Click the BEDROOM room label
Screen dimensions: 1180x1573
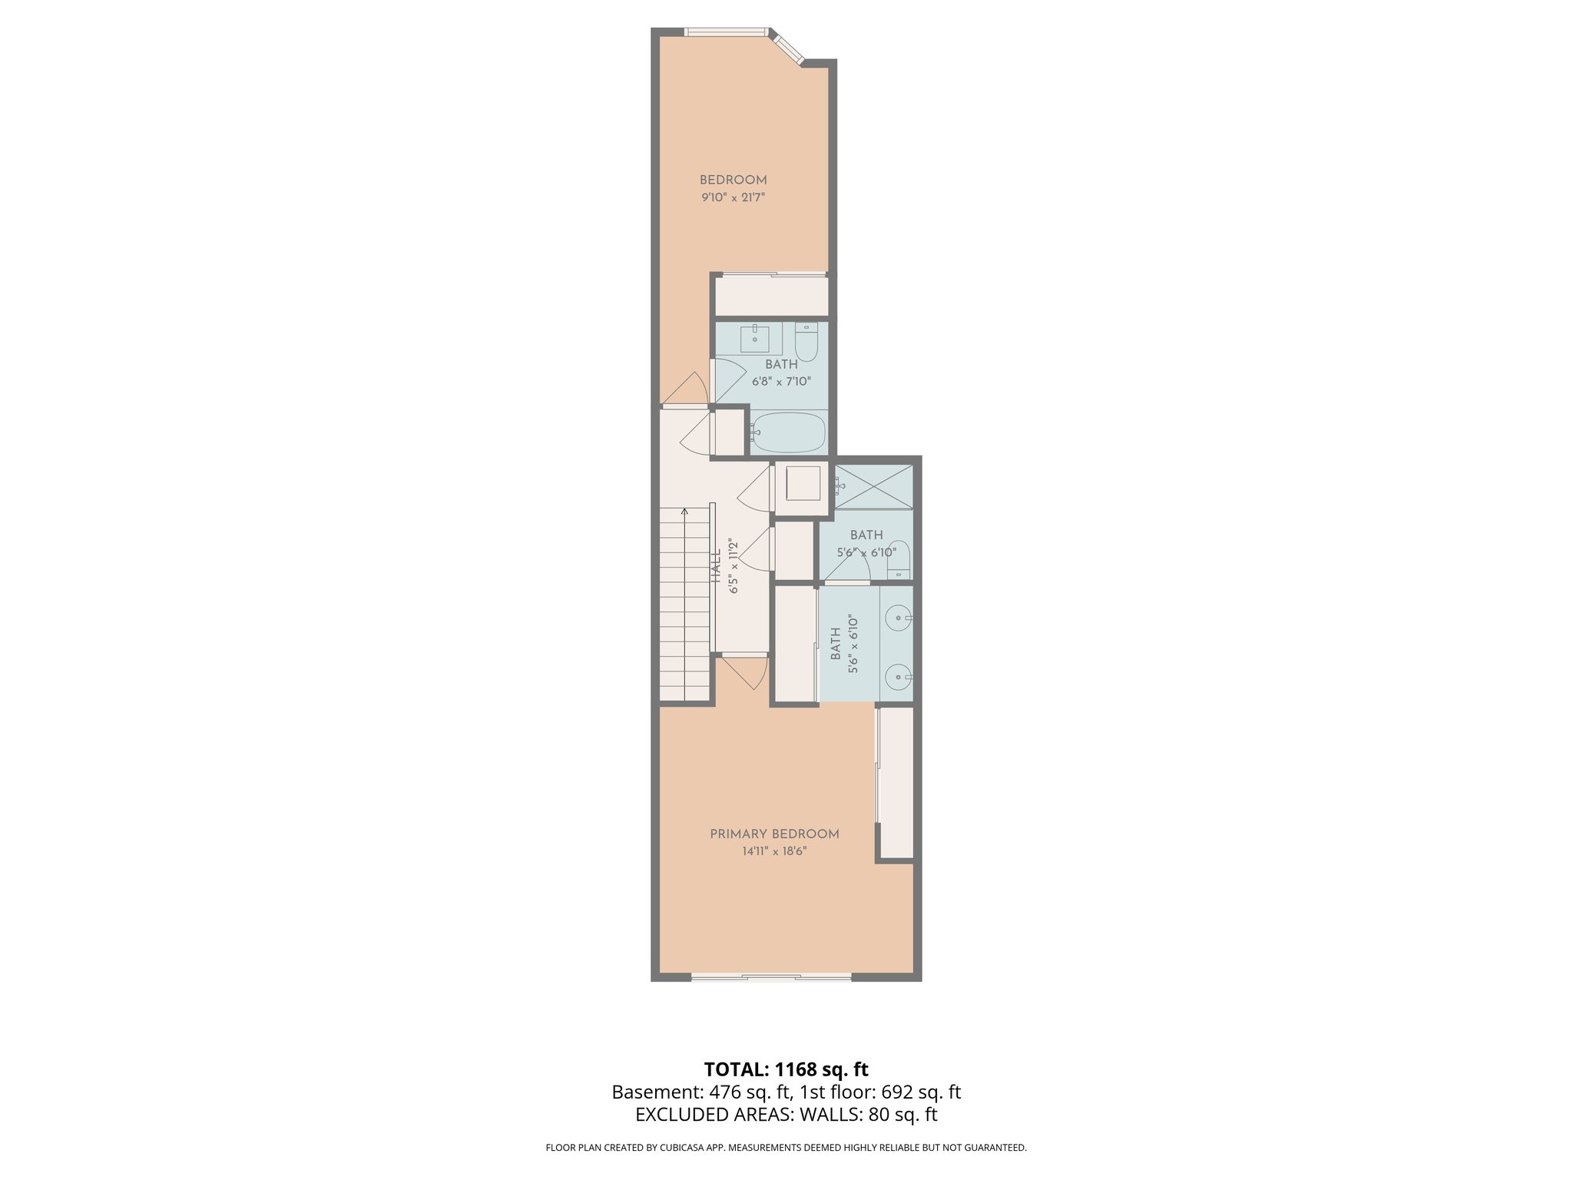[733, 180]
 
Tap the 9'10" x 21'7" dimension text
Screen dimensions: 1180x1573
[733, 197]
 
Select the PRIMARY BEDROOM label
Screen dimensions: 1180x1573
[774, 834]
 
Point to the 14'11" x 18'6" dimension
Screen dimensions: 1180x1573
[774, 851]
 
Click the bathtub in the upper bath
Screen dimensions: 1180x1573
[788, 433]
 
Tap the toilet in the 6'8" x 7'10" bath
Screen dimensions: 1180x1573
[806, 342]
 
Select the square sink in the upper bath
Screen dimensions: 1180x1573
[755, 338]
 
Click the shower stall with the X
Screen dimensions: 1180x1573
[874, 486]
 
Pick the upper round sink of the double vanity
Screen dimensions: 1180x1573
[897, 617]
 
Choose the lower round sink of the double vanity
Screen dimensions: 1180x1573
[897, 678]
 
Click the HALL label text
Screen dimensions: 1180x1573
[716, 567]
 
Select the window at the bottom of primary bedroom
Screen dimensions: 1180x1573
[770, 977]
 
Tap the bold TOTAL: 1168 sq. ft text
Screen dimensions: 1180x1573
[786, 1069]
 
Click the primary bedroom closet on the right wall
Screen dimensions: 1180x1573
[896, 782]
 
